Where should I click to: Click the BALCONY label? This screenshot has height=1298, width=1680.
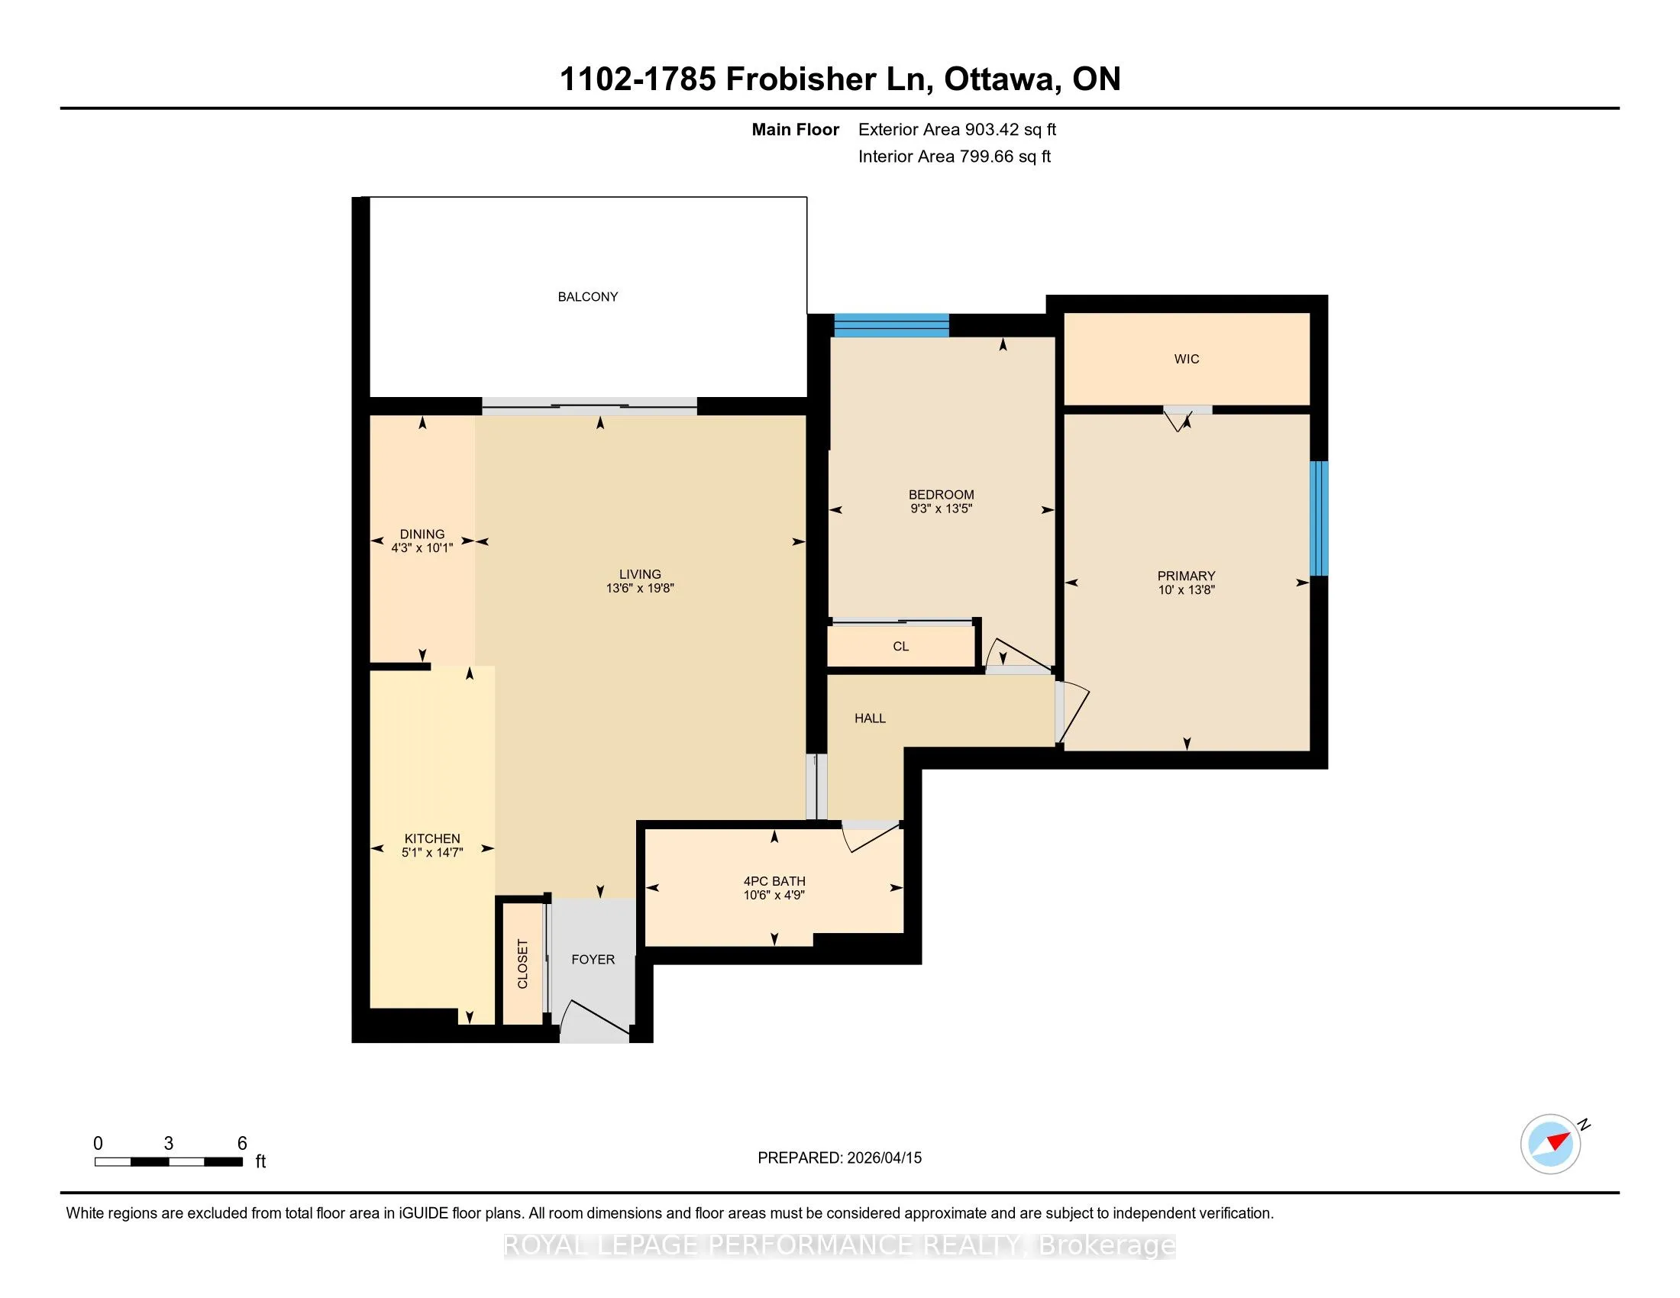588,297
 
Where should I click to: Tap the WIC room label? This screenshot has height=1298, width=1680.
1187,359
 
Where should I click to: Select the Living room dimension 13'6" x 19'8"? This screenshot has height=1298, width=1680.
640,588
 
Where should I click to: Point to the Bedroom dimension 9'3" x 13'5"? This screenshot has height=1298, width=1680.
942,509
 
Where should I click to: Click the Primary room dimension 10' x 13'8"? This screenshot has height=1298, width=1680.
1186,589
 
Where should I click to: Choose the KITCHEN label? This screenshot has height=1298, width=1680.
432,839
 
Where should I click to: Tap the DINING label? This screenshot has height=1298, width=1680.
422,534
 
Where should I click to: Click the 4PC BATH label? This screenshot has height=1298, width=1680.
774,881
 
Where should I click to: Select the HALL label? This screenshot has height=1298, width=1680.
870,718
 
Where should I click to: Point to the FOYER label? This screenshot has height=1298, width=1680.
593,960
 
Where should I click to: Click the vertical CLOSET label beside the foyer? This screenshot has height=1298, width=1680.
523,964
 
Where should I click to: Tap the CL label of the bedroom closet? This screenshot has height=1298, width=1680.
901,647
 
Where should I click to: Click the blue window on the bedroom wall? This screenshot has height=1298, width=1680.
891,325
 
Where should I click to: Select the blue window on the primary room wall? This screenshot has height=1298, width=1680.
1319,518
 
